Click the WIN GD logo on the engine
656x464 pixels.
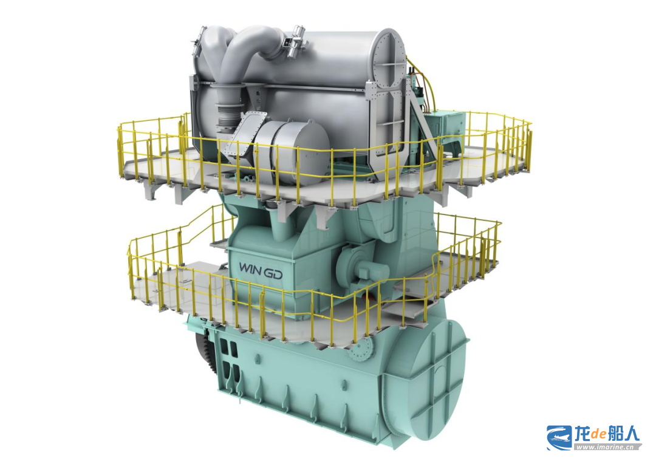(x=260, y=270)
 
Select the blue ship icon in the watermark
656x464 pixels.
(x=560, y=438)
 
